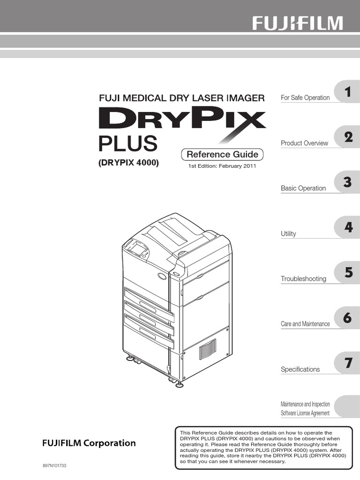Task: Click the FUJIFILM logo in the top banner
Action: pos(298,23)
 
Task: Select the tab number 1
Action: pos(347,93)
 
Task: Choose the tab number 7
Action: pos(347,363)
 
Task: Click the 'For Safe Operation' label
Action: pos(305,98)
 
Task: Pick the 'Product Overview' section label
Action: pos(304,143)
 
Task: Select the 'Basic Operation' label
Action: pos(303,188)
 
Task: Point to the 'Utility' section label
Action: pos(288,233)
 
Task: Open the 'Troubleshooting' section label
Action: pos(303,279)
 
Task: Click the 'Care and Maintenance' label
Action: pos(305,324)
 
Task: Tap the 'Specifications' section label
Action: pos(300,369)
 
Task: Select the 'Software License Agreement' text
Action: pos(305,413)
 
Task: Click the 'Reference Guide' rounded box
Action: pos(222,154)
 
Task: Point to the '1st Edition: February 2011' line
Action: pos(222,166)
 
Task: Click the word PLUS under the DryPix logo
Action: pos(127,144)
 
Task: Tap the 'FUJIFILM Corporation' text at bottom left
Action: pos(89,443)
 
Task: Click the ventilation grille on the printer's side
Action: pos(208,349)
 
